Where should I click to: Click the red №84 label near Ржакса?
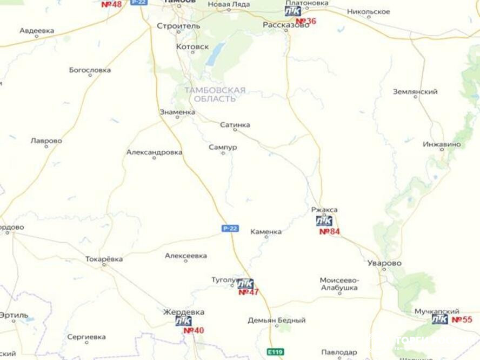330,231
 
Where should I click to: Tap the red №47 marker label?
249,292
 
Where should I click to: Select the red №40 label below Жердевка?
194,330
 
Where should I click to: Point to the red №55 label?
462,319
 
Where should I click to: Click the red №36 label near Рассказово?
306,21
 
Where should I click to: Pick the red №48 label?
111,4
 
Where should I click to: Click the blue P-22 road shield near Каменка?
230,228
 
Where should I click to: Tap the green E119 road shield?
276,352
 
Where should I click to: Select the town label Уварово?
384,263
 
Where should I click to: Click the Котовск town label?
192,47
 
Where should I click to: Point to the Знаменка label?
177,112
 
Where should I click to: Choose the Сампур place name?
223,147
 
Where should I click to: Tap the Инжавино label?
442,144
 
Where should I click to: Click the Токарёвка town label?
104,259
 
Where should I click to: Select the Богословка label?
90,70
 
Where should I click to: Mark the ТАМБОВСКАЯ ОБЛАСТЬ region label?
215,95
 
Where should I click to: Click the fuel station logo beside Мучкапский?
439,319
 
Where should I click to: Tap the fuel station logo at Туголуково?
245,284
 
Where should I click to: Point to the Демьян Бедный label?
276,321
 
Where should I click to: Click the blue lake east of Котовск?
217,53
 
